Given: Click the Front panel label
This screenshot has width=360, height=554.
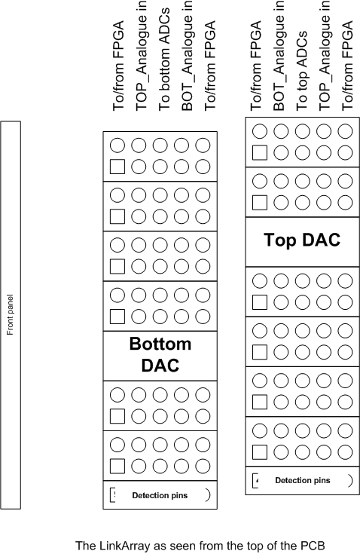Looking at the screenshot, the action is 10,315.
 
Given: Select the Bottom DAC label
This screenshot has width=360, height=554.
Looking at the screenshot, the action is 160,354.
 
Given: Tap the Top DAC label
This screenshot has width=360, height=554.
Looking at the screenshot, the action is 302,240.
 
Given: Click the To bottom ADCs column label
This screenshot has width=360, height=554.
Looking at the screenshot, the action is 164,60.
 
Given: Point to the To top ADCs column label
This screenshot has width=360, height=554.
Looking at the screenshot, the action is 302,71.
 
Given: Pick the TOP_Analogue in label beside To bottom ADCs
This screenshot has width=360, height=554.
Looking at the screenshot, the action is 141,56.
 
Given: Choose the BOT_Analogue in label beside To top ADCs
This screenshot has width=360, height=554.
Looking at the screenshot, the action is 279,56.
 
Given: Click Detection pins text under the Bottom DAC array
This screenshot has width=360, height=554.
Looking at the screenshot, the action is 160,495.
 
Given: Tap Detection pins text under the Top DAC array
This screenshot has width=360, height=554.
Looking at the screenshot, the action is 303,480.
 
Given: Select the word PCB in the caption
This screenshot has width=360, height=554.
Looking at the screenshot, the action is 313,546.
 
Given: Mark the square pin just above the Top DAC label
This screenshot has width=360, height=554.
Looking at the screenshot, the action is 260,203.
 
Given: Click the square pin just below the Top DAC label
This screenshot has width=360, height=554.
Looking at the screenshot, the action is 260,302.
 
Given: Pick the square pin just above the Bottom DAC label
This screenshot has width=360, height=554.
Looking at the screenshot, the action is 117,317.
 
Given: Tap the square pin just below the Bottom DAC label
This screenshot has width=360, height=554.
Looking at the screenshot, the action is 117,416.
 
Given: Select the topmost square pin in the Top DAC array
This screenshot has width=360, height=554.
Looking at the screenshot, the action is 260,152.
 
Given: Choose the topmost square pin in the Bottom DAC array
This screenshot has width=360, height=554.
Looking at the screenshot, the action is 117,167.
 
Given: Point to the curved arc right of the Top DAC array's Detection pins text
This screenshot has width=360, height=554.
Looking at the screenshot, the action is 352,480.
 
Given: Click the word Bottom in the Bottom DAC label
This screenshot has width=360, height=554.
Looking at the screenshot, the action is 160,344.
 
